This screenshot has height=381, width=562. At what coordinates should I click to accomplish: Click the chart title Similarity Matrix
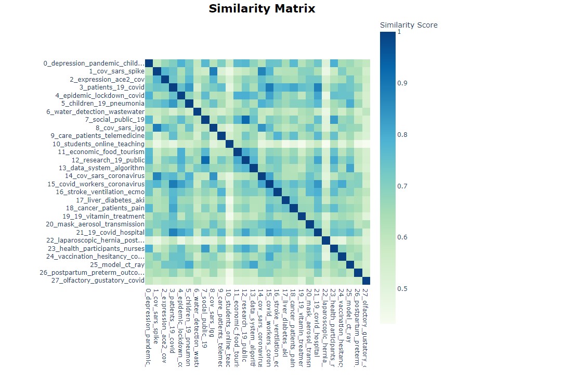(x=262, y=9)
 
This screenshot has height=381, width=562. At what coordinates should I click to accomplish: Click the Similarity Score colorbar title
(x=409, y=25)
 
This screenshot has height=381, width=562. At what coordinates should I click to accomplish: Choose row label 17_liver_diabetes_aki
(x=110, y=200)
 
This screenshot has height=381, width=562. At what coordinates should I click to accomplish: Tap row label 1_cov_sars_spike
(x=116, y=71)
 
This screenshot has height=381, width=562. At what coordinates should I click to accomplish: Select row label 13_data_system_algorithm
(x=101, y=168)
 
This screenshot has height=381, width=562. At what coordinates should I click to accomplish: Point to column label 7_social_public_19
(x=205, y=318)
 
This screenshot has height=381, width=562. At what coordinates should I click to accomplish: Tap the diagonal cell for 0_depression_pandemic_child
(x=149, y=63)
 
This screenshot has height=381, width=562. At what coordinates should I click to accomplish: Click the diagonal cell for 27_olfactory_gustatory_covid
(x=366, y=281)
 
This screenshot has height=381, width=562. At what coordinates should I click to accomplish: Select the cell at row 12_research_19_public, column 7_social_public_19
(x=205, y=160)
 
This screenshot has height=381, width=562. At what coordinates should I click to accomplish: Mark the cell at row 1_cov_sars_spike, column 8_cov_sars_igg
(x=213, y=71)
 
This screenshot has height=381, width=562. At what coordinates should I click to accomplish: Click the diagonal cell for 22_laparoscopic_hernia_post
(x=325, y=240)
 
